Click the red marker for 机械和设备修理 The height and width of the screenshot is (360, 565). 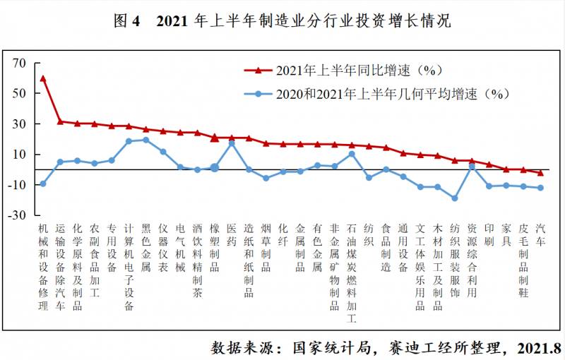point(43,78)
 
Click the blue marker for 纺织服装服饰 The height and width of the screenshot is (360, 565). point(455,198)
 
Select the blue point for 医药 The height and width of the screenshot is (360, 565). point(232,143)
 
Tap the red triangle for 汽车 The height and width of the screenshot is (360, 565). point(541,172)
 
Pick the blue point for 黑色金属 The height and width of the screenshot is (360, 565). point(146,140)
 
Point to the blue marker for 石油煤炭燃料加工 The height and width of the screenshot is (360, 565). point(352,154)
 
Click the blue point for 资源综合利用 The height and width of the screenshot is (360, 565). point(472,167)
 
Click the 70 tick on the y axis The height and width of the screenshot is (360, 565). point(18,64)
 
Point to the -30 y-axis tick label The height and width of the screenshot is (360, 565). point(16,215)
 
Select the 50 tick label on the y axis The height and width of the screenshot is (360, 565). point(18,94)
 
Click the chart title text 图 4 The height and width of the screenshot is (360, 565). point(128,21)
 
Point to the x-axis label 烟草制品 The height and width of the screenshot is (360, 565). point(266,248)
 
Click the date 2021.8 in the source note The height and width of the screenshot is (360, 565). point(537,347)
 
